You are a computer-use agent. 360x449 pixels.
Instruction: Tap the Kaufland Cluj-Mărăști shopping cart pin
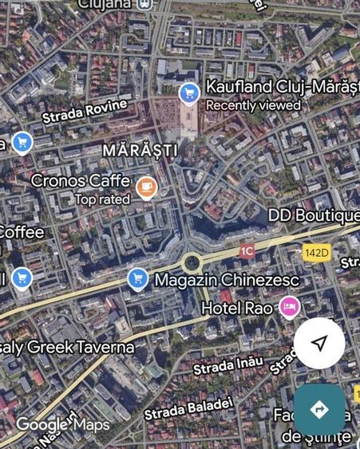189,93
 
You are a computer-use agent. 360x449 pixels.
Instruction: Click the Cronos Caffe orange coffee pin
146,187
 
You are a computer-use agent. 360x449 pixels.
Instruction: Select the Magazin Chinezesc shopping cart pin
138,278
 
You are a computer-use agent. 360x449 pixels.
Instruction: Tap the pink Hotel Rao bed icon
289,306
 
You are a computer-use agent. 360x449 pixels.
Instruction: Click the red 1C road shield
247,251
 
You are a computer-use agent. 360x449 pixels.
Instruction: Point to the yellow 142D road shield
316,253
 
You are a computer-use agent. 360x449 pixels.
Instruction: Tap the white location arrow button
319,343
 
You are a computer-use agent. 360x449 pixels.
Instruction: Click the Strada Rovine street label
85,111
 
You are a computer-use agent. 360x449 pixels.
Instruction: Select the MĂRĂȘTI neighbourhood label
140,150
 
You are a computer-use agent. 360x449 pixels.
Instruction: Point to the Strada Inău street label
227,366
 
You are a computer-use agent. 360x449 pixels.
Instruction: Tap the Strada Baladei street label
188,408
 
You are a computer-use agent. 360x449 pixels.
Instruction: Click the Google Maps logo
62,424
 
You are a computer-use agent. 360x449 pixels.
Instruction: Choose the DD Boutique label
313,215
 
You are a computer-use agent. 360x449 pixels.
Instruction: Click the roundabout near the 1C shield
191,262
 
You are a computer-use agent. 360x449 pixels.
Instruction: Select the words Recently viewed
253,105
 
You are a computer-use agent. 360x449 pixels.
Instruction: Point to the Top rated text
102,199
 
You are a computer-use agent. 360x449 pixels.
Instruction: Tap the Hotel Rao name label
238,307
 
